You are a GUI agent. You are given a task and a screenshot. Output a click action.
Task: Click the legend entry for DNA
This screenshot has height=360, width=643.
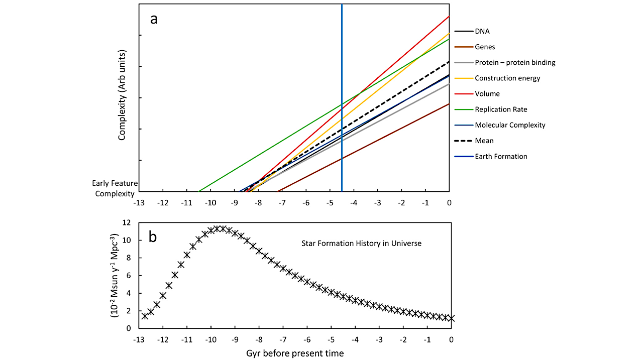point(482,31)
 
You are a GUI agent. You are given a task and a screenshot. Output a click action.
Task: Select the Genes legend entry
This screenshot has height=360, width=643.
point(485,47)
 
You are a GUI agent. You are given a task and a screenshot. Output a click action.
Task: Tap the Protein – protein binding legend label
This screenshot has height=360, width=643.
point(515,62)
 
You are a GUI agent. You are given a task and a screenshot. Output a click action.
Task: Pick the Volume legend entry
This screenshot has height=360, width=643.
point(487,94)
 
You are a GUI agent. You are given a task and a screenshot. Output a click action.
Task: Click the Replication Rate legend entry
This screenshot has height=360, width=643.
point(501,109)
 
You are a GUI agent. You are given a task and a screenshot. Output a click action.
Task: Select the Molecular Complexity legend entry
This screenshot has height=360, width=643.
point(510,125)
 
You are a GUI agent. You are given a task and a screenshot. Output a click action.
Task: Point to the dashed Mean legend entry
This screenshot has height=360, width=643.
point(484,141)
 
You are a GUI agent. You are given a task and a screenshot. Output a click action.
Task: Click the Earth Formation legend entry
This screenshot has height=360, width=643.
point(501,156)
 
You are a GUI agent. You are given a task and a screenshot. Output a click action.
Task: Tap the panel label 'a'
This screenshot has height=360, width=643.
point(154,19)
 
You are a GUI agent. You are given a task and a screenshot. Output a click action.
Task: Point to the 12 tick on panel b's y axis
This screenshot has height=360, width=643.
point(127,222)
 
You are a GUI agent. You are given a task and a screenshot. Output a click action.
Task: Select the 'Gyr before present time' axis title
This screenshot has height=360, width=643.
point(295,353)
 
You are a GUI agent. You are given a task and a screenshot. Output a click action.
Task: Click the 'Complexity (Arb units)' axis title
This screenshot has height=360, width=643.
point(122,95)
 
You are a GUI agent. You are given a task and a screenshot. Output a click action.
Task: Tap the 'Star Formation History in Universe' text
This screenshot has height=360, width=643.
point(361,244)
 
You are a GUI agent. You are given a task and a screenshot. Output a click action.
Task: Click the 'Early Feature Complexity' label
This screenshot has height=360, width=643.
point(115,189)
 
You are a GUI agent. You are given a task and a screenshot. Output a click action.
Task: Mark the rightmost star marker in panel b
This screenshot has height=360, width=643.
point(451,318)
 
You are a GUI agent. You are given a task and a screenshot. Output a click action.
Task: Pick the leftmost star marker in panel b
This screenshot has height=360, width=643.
point(145,316)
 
